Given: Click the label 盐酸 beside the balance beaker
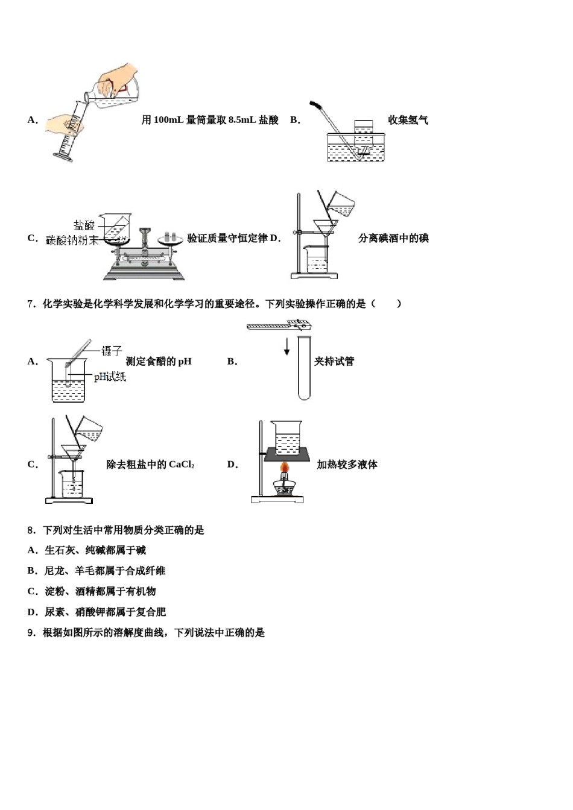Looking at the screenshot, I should click(84, 225).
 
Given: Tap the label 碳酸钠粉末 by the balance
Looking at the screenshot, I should click(72, 240).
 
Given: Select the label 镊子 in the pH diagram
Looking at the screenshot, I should click(112, 350).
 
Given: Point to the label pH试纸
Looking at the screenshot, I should click(110, 377).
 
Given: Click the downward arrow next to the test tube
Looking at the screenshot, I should click(287, 345).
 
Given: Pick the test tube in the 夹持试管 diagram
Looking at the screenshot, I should click(303, 367).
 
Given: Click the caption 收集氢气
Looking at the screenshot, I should click(408, 120).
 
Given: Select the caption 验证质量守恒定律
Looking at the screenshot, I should click(227, 238).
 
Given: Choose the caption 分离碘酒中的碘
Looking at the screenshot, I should click(393, 238).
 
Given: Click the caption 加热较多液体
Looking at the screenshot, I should click(347, 464).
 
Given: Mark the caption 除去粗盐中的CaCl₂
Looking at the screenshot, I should click(150, 464).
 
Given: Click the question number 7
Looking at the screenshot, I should click(31, 304).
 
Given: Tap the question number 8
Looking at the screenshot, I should click(31, 530).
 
